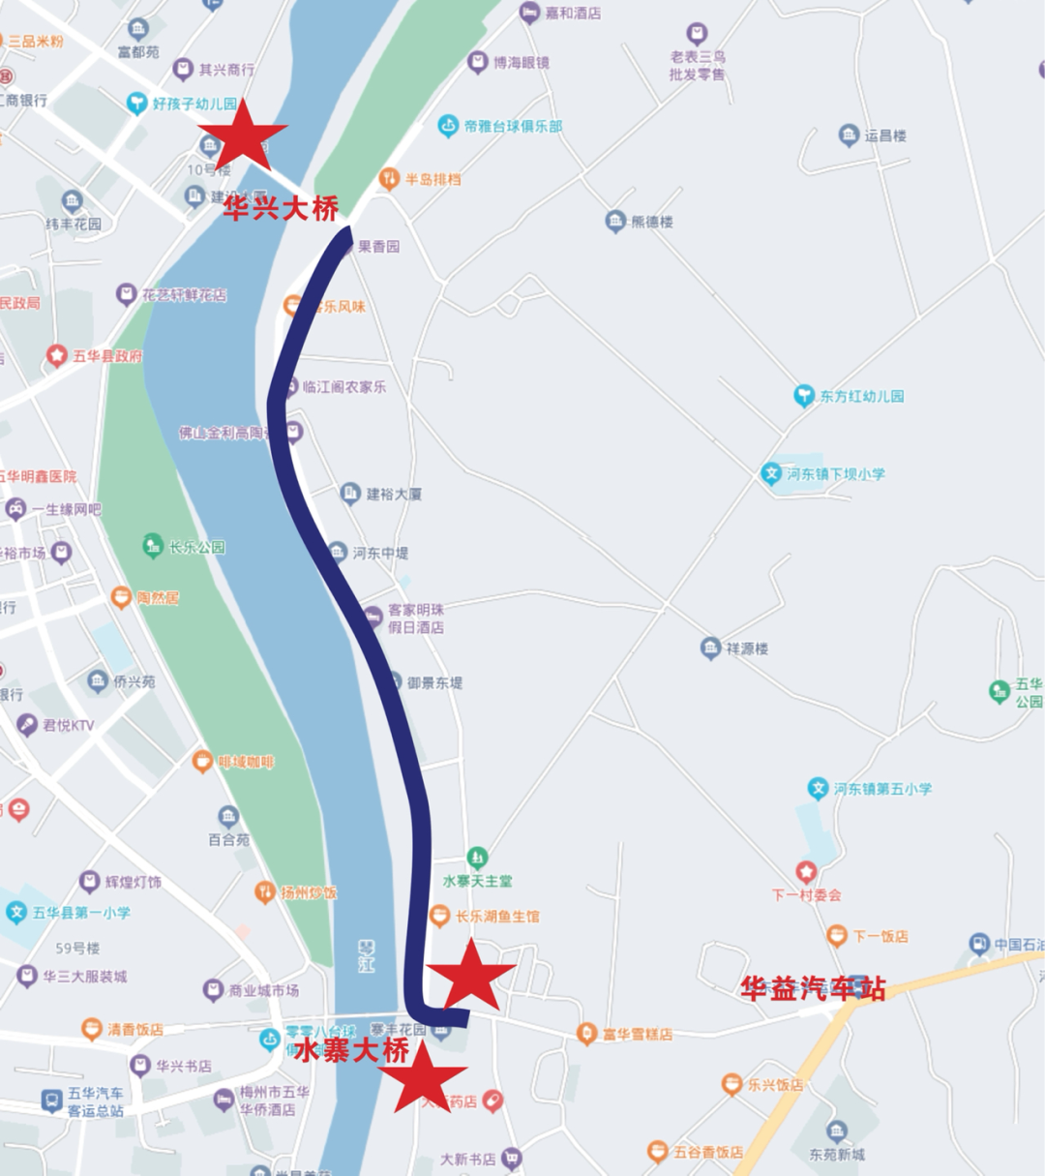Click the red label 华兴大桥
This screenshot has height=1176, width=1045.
(x=282, y=208)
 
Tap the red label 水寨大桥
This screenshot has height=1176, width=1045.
(x=352, y=1051)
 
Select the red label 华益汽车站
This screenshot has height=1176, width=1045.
(x=813, y=988)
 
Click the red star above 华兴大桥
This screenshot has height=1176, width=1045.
(x=243, y=136)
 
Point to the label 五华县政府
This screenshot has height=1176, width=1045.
(x=107, y=356)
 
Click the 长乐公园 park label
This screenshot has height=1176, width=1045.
(x=196, y=547)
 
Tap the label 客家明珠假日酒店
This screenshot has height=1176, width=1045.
(x=416, y=618)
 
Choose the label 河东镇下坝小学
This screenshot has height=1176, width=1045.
(x=835, y=473)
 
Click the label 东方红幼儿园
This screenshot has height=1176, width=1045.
(x=861, y=396)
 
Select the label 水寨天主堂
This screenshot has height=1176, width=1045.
(x=477, y=881)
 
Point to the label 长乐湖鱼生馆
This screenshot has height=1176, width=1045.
(x=497, y=916)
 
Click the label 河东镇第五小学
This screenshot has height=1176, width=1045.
(x=882, y=789)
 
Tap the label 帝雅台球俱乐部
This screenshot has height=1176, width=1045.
(x=513, y=126)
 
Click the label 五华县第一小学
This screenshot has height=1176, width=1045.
(x=81, y=913)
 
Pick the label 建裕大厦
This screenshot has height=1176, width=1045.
(x=393, y=494)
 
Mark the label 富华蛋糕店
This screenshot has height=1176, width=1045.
(x=637, y=1034)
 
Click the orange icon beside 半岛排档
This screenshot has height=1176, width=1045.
(x=389, y=178)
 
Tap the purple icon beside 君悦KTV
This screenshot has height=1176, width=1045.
(x=27, y=724)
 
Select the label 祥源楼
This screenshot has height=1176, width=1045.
(x=747, y=648)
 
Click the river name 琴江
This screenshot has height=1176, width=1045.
(x=366, y=956)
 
